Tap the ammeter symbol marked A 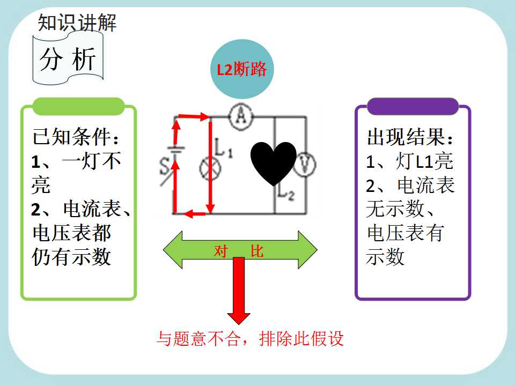[241, 116]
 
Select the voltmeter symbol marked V [305, 165]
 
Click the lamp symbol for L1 [210, 169]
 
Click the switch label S [164, 166]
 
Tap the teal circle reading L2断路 [242, 69]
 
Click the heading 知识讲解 [77, 23]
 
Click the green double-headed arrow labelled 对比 [240, 250]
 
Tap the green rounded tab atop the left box [78, 106]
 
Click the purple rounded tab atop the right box [413, 106]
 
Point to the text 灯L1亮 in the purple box [424, 161]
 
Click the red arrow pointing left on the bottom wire [194, 214]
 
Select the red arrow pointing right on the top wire [194, 116]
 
